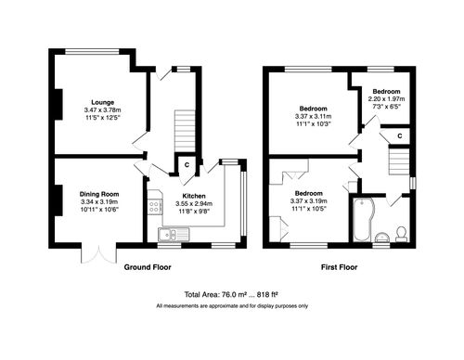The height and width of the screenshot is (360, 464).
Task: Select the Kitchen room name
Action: [x=193, y=197]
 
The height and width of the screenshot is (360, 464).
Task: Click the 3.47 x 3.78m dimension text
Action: [x=103, y=109]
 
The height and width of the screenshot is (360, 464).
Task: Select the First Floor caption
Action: [x=341, y=266]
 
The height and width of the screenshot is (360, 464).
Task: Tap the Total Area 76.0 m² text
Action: [x=232, y=292]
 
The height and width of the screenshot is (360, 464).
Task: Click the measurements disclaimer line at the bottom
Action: [x=232, y=305]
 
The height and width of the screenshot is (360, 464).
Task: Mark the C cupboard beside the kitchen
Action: [x=187, y=166]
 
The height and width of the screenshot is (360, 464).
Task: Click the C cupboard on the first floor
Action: [x=399, y=136]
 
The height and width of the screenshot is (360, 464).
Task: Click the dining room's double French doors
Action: [x=96, y=253]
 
